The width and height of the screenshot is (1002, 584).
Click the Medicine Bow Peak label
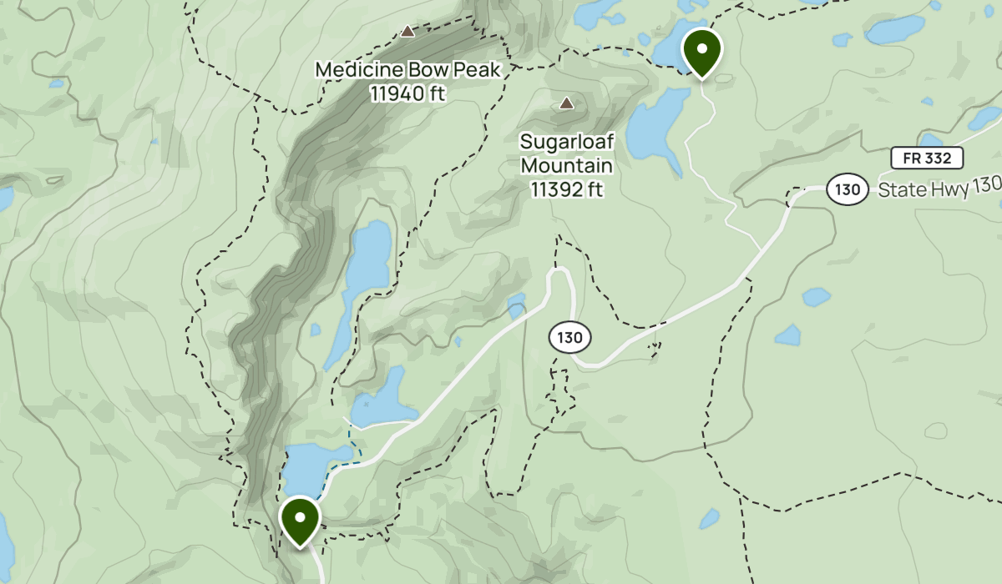click(x=407, y=70)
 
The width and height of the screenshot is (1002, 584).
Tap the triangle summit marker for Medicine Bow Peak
click(x=407, y=32)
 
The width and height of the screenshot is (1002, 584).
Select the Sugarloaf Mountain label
click(x=566, y=154)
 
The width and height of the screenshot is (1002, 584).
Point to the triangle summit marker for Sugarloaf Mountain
click(x=567, y=103)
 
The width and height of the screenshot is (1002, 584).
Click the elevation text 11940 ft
click(x=407, y=93)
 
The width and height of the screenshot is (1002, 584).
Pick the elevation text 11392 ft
click(x=566, y=190)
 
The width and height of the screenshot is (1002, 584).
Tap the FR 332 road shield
click(x=927, y=158)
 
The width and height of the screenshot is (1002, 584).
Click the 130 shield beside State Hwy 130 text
click(x=847, y=189)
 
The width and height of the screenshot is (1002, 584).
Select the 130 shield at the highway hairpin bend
click(x=570, y=338)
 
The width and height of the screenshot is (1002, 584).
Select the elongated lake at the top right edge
click(x=894, y=30)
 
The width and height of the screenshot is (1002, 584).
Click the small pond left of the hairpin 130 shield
click(x=517, y=305)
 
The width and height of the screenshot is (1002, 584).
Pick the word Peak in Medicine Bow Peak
click(x=476, y=70)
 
